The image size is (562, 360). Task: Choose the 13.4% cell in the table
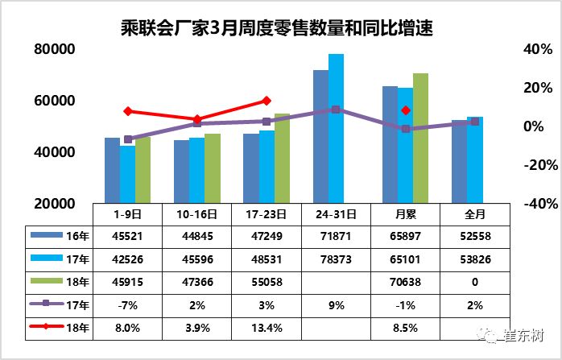pos(267,329)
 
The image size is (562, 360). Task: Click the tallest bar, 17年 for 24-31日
pos(336,129)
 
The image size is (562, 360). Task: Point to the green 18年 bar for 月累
pos(420,138)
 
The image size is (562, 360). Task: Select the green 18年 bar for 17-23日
pos(282,158)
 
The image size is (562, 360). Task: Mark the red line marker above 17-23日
pos(267,101)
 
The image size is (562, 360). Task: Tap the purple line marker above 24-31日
pos(336,110)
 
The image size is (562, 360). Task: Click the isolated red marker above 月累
pos(406,110)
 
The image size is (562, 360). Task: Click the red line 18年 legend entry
pos(46,329)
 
